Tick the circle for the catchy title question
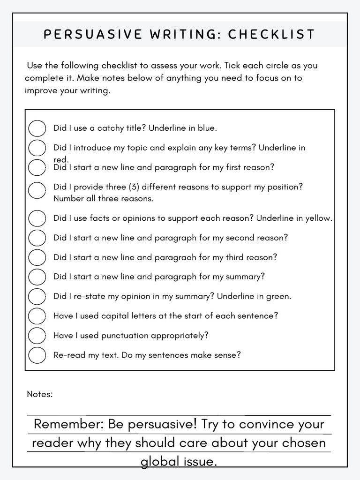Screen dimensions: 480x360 pyautogui.click(x=37, y=128)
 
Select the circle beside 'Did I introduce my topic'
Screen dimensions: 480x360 pyautogui.click(x=37, y=148)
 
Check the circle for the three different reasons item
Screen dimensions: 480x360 pyautogui.click(x=37, y=190)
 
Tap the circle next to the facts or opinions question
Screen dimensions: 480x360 pyautogui.click(x=37, y=218)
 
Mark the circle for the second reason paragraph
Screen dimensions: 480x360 pyautogui.click(x=37, y=238)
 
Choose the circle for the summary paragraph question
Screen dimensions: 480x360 pyautogui.click(x=37, y=277)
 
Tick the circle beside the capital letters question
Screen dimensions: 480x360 pyautogui.click(x=37, y=316)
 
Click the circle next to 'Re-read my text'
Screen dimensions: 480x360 pyautogui.click(x=37, y=355)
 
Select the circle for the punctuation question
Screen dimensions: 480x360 pyautogui.click(x=37, y=336)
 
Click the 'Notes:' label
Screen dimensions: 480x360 pyautogui.click(x=40, y=394)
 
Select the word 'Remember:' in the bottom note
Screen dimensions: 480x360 pyautogui.click(x=69, y=424)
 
